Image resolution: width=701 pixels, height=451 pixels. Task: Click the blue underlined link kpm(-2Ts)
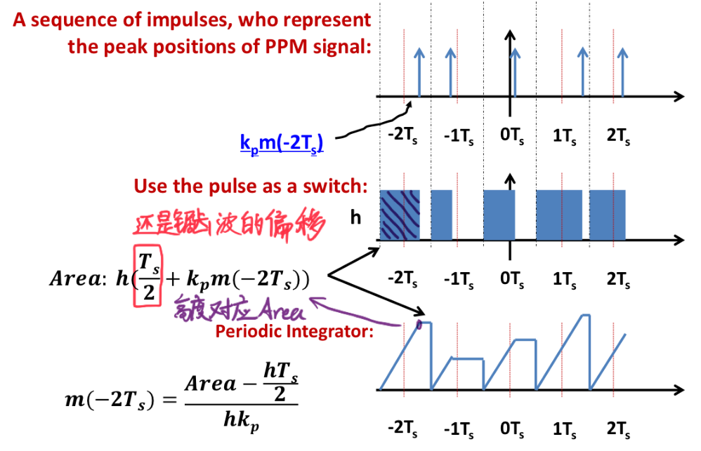click(281, 144)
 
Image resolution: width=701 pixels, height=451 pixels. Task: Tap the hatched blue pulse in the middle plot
click(400, 214)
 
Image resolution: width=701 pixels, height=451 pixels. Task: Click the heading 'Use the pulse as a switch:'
click(251, 187)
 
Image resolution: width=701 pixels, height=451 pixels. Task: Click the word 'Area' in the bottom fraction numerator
click(210, 383)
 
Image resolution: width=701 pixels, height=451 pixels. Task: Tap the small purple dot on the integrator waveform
click(420, 324)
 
